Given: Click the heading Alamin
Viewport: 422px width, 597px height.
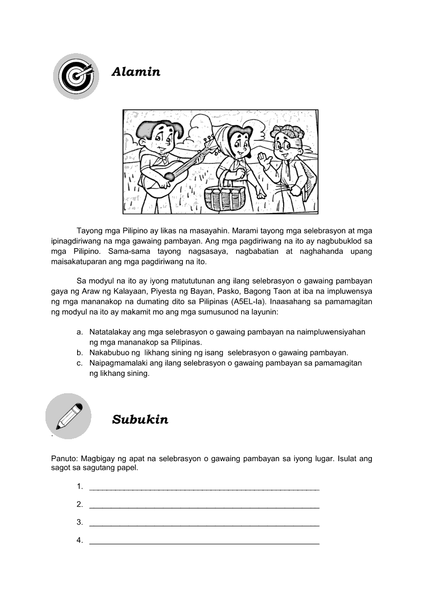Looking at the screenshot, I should pyautogui.click(x=136, y=72).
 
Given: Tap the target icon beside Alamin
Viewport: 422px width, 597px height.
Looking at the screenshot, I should pyautogui.click(x=76, y=76).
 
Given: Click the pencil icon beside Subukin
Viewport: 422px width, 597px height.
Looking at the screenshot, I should pyautogui.click(x=68, y=416).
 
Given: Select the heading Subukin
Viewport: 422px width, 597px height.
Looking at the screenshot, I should pyautogui.click(x=140, y=420).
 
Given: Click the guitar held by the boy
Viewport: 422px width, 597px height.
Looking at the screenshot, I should pyautogui.click(x=174, y=171).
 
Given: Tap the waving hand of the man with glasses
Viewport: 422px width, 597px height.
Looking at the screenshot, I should pyautogui.click(x=265, y=163).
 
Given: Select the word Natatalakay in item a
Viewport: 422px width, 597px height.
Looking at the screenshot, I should pyautogui.click(x=110, y=332).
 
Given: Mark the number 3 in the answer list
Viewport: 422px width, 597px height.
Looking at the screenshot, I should pyautogui.click(x=80, y=522).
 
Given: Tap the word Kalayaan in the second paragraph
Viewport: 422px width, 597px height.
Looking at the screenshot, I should pyautogui.click(x=127, y=292).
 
